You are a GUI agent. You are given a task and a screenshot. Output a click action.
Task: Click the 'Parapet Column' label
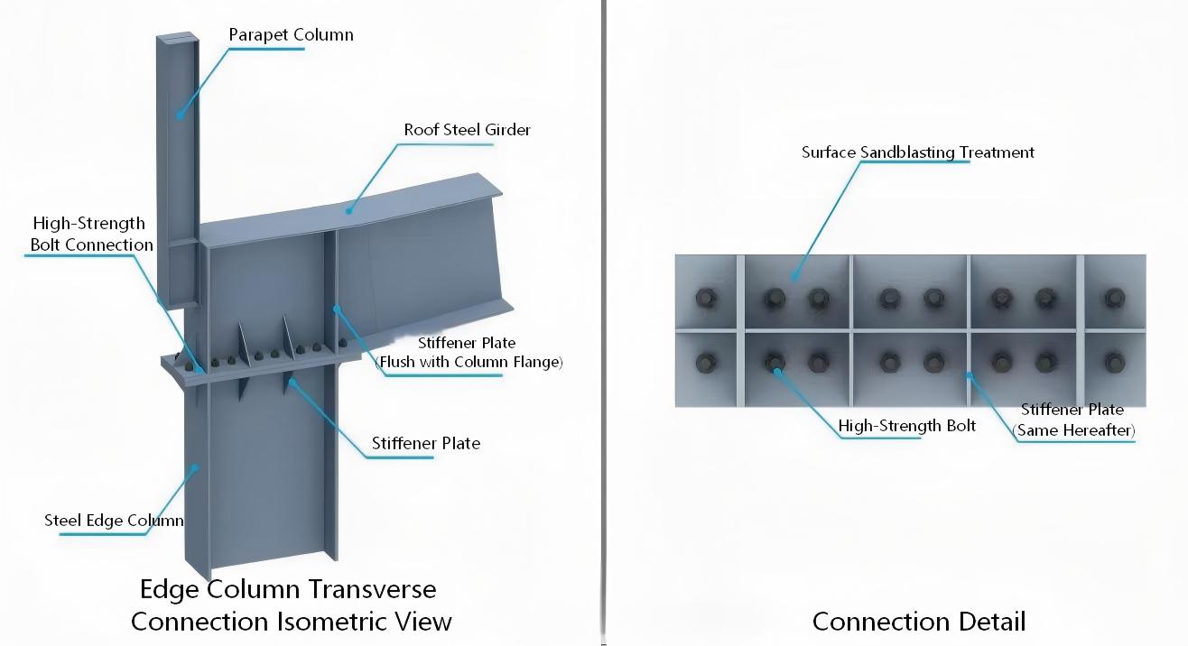pyautogui.click(x=292, y=35)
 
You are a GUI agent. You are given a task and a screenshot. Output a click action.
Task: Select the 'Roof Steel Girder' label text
pyautogui.click(x=468, y=130)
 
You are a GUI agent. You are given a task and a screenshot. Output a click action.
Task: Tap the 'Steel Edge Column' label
pyautogui.click(x=114, y=521)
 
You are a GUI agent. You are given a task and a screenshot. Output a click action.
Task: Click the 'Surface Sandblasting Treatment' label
pyautogui.click(x=917, y=152)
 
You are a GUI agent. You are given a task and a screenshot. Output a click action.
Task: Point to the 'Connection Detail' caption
pyautogui.click(x=919, y=622)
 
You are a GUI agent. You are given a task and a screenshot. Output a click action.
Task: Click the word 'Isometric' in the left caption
pyautogui.click(x=335, y=622)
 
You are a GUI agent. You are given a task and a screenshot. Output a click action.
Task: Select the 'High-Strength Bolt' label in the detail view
pyautogui.click(x=907, y=426)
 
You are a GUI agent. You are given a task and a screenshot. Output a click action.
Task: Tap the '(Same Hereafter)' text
pyautogui.click(x=1073, y=430)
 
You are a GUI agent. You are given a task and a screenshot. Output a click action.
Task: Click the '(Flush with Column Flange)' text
pyautogui.click(x=469, y=362)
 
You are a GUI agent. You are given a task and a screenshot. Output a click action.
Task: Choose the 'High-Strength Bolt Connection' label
pyautogui.click(x=91, y=235)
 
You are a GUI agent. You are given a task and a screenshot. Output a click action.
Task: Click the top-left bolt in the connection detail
pyautogui.click(x=707, y=298)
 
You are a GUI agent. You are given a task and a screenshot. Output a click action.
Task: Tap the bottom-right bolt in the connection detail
pyautogui.click(x=1114, y=363)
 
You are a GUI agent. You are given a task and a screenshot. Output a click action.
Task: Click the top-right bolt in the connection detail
pyautogui.click(x=1114, y=298)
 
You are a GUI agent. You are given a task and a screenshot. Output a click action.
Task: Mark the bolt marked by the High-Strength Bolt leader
pyautogui.click(x=775, y=363)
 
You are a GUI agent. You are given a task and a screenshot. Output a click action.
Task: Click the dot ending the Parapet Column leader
pyautogui.click(x=181, y=115)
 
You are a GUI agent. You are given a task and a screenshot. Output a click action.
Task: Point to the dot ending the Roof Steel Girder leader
pyautogui.click(x=349, y=211)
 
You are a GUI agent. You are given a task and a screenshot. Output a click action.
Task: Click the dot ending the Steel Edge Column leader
pyautogui.click(x=195, y=468)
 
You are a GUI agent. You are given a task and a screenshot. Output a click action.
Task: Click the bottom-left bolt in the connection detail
pyautogui.click(x=707, y=363)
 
